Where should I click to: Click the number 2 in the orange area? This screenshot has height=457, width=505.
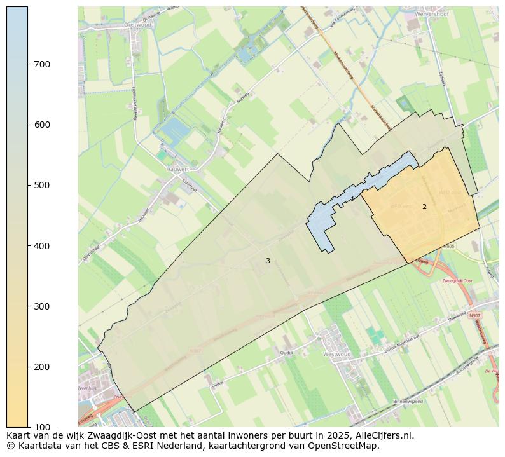(x=424, y=207)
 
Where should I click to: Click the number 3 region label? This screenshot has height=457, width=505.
(x=268, y=261)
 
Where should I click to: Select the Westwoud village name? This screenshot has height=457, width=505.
(x=337, y=354)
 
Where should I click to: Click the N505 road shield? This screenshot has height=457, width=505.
(x=450, y=246)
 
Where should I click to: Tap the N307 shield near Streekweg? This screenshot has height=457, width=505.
(x=474, y=315)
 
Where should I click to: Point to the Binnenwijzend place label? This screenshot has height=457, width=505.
(x=407, y=402)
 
